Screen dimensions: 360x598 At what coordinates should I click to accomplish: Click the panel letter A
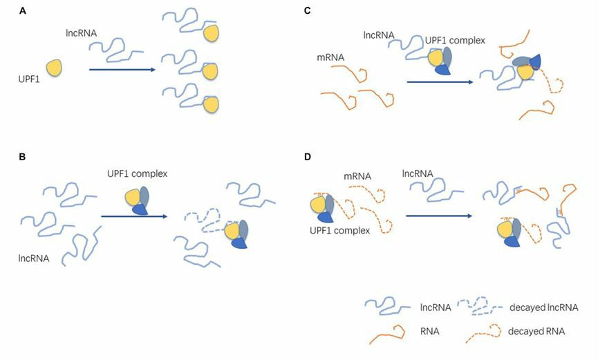[23, 12]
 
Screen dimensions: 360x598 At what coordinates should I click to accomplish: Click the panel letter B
[23, 157]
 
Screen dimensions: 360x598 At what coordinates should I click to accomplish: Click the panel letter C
[307, 12]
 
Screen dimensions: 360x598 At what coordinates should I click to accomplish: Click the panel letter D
[307, 157]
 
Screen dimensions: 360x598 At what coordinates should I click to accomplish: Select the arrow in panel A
[120, 69]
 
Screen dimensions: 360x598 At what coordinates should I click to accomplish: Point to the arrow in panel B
[134, 216]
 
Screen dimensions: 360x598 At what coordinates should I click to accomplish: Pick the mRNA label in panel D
[358, 176]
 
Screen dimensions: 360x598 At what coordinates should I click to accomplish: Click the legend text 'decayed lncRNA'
[543, 307]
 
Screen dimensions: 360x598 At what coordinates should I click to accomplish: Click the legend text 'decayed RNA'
[536, 331]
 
